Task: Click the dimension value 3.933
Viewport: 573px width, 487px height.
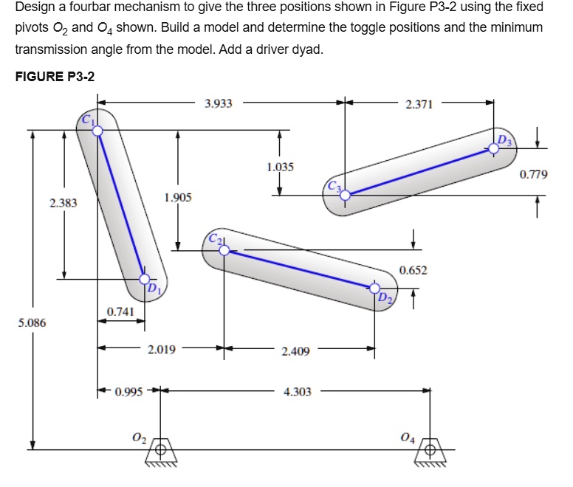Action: (x=219, y=104)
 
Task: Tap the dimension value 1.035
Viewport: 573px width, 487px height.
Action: (x=281, y=167)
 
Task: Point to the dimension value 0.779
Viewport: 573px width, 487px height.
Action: (x=534, y=175)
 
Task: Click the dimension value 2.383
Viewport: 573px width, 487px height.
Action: (x=64, y=202)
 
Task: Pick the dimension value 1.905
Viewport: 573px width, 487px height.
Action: (x=177, y=198)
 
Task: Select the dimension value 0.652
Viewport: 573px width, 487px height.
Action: (x=414, y=270)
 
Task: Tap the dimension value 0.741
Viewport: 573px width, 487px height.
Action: (x=120, y=312)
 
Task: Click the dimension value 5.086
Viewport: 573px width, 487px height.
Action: (x=32, y=322)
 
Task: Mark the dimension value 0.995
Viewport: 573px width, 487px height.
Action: (x=130, y=391)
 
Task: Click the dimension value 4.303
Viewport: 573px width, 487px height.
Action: (x=297, y=392)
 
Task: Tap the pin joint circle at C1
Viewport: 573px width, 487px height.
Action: (x=97, y=130)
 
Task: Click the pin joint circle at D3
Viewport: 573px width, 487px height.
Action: (x=493, y=148)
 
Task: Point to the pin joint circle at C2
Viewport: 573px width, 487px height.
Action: (x=224, y=250)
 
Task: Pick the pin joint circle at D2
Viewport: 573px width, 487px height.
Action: (x=375, y=288)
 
